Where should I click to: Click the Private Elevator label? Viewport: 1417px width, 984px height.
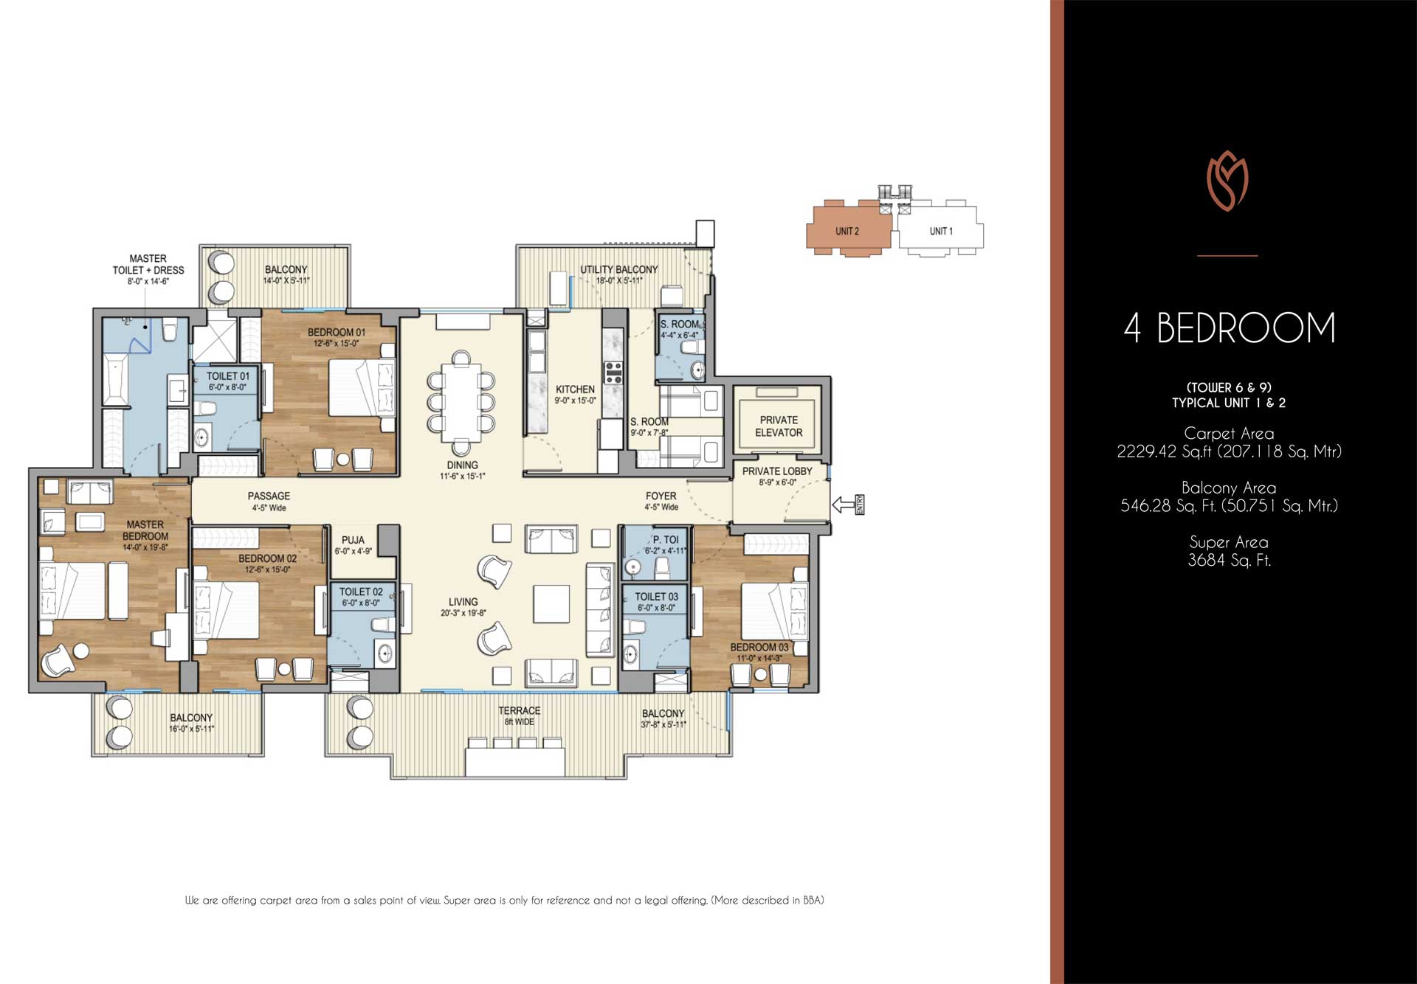click(778, 426)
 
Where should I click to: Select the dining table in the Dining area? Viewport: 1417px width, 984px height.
click(461, 402)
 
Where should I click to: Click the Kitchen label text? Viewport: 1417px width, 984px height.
click(575, 389)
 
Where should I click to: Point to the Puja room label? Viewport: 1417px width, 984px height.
click(353, 540)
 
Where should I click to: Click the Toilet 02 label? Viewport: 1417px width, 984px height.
click(361, 592)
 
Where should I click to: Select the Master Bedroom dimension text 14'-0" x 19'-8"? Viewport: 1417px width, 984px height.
click(145, 547)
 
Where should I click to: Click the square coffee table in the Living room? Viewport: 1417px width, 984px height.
click(551, 603)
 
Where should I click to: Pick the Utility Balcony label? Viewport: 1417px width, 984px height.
click(618, 270)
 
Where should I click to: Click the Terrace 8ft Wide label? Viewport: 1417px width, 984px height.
click(519, 716)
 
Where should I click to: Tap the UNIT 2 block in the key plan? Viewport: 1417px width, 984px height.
click(847, 230)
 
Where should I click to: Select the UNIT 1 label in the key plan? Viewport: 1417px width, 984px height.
click(940, 231)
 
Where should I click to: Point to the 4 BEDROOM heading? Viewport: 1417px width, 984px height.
click(1229, 328)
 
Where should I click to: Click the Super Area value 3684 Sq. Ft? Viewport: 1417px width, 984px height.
click(1229, 561)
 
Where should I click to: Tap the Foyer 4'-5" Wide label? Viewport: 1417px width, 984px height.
click(661, 502)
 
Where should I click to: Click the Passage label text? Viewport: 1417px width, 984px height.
click(269, 496)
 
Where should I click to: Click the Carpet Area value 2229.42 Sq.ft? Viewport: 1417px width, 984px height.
click(1229, 451)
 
